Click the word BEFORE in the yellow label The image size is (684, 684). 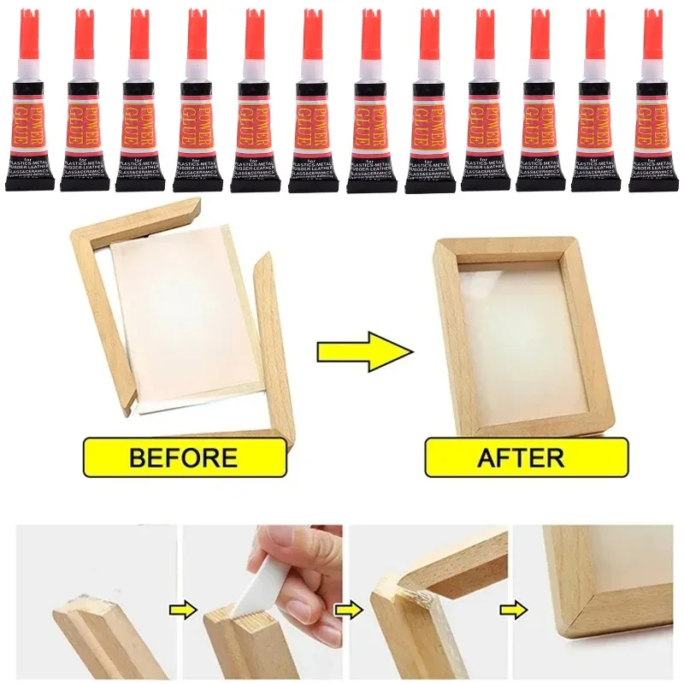[x=183, y=457]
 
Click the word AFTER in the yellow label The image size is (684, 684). [x=520, y=457]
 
